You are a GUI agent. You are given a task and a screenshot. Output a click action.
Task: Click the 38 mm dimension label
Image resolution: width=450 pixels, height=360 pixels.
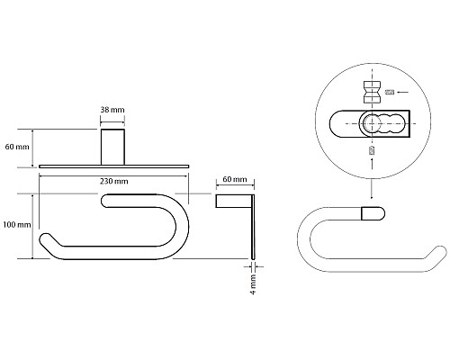(x=112, y=110)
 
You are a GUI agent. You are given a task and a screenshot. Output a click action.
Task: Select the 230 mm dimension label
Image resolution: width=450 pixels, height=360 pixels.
(x=113, y=181)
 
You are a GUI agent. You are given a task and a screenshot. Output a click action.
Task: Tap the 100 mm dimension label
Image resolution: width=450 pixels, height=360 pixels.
(x=17, y=225)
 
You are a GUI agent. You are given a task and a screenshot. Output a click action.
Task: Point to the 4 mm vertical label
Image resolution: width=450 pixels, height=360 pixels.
(x=254, y=283)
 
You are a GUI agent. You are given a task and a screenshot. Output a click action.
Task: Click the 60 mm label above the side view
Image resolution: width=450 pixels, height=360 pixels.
(x=235, y=179)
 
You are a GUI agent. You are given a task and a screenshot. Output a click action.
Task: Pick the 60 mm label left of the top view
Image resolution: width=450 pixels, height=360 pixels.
(x=17, y=147)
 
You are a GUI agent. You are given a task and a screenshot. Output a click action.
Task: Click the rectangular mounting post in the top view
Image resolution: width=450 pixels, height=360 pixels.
(x=112, y=147)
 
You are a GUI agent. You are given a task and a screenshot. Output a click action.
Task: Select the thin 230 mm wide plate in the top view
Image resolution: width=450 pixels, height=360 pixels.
(x=114, y=166)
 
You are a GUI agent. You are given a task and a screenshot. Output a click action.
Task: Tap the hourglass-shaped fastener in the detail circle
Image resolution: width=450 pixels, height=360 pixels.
(x=373, y=92)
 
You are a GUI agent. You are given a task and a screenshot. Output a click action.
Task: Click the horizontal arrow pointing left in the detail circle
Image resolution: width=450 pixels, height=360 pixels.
(x=403, y=92)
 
